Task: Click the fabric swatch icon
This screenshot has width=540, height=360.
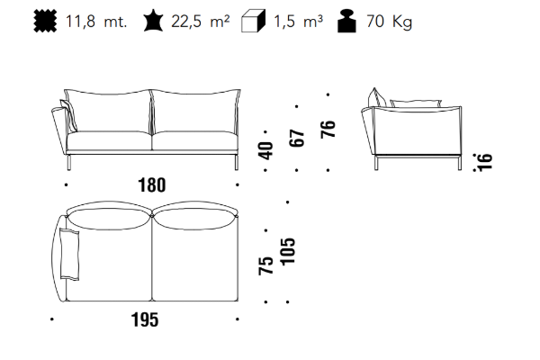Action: tap(46, 22)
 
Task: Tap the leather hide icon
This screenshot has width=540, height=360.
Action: tap(153, 21)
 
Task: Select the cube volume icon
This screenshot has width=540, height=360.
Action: tap(253, 21)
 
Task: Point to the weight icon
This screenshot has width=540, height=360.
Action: tap(346, 21)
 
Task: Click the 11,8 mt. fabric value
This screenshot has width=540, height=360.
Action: tap(96, 22)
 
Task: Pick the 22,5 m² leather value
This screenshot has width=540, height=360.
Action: tap(200, 22)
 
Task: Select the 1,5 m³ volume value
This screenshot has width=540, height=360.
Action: tap(298, 22)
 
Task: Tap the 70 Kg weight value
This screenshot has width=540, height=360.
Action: tap(389, 22)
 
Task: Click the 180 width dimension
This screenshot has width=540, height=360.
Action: tap(152, 185)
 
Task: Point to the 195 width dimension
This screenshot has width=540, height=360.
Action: tap(145, 319)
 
